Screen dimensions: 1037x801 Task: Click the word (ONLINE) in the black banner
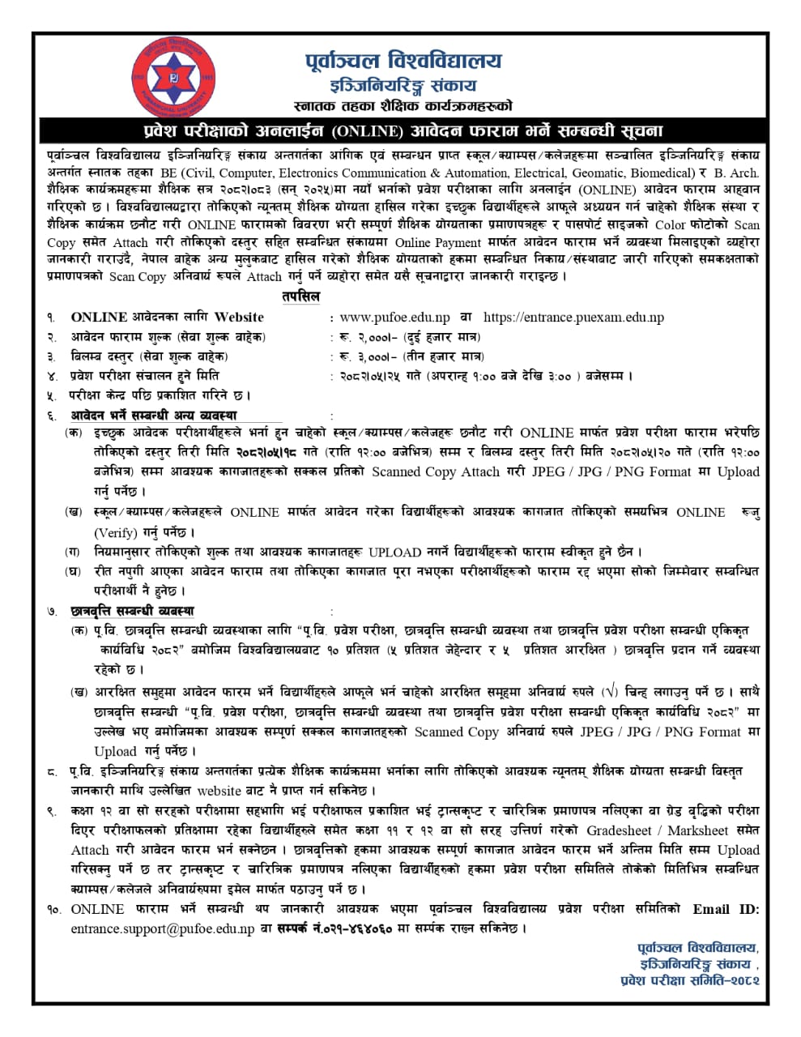(x=364, y=130)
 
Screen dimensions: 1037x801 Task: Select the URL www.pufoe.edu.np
(x=394, y=317)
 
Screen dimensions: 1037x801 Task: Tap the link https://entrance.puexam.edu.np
(x=573, y=317)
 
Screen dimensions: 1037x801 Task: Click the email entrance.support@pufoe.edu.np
(x=162, y=928)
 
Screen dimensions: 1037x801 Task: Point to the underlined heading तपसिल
(x=301, y=297)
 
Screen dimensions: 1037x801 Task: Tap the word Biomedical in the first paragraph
(x=659, y=173)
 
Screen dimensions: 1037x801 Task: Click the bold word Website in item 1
(x=239, y=317)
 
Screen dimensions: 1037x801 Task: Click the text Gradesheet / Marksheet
(x=658, y=830)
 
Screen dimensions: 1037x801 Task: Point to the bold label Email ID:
(x=726, y=909)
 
